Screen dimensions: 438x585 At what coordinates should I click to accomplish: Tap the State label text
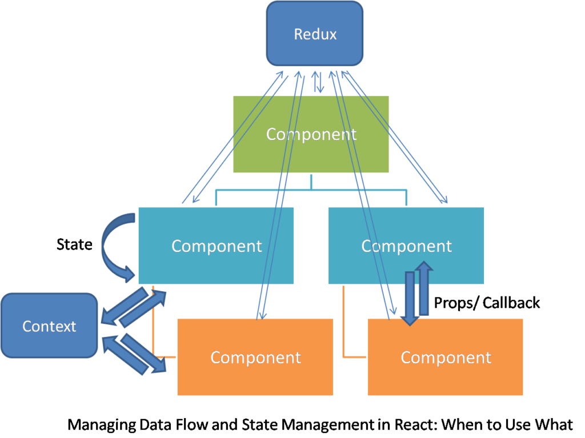point(75,245)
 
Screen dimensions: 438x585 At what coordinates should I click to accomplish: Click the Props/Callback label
point(486,303)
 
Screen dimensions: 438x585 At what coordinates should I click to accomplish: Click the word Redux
point(315,34)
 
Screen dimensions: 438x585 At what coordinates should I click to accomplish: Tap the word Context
point(49,327)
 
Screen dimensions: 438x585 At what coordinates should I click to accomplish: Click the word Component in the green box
point(311,134)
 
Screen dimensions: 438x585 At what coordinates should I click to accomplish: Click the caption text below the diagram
point(320,425)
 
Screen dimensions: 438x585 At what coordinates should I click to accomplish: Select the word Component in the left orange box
point(255,357)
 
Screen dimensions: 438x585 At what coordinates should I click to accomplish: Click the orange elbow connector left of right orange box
point(344,331)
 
